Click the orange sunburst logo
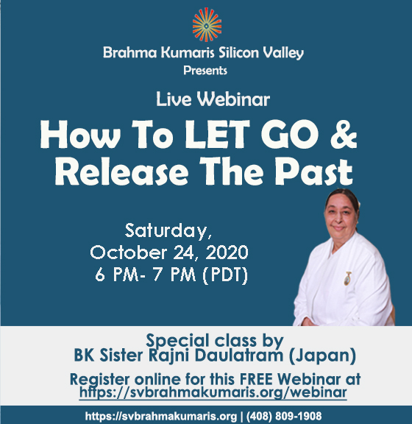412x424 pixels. pos(207,25)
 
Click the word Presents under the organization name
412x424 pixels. pos(205,71)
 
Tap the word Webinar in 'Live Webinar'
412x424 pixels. pos(233,99)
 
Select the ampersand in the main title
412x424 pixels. pos(344,135)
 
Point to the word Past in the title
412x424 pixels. pos(314,172)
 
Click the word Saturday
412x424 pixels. pos(168,230)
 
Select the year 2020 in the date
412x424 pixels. pos(227,252)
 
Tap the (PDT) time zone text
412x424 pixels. pos(225,275)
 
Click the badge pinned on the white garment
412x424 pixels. pos(347,278)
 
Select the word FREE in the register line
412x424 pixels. pos(256,379)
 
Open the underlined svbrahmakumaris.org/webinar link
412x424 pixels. pos(213,392)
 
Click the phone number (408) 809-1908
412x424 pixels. pos(284,416)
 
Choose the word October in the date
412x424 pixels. pos(129,252)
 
